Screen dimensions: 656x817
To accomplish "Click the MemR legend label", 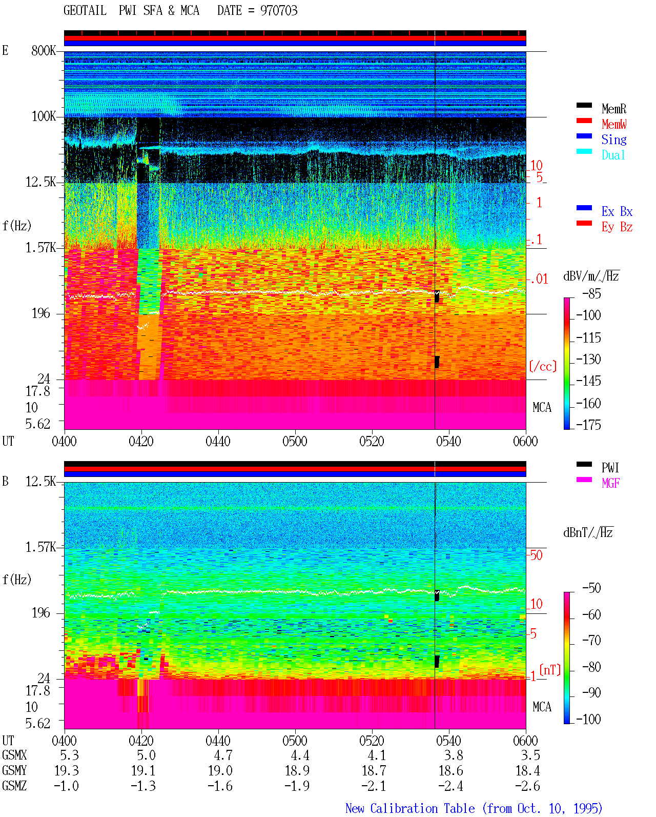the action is pos(613,109).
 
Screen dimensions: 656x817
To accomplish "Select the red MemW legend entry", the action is pos(613,124).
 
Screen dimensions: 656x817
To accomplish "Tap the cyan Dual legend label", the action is pos(613,155).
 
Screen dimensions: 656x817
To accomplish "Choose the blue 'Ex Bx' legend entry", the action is pos(617,211).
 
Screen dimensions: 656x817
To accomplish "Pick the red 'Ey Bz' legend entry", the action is pos(617,227).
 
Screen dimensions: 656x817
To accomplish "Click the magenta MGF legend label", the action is pos(610,483).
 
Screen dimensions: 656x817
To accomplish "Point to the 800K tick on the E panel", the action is pos(44,50).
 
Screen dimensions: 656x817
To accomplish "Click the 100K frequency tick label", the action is pos(44,116).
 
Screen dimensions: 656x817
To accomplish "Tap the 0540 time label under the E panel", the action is pos(448,442).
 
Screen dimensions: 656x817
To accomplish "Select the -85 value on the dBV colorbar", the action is pos(591,293).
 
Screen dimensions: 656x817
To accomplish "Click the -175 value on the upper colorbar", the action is pos(588,425).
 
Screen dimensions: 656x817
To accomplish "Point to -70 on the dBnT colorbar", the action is pos(591,641).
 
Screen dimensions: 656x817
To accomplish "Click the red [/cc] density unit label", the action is pos(543,366).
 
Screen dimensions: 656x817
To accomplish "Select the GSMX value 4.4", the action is pos(300,755).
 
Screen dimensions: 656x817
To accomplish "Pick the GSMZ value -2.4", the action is pos(450,786).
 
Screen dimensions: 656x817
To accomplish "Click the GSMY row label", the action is pos(14,771).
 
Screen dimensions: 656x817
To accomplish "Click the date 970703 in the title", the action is pos(279,11).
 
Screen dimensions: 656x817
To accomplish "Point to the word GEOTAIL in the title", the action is pos(85,11).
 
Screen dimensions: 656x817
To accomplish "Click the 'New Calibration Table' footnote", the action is pos(410,809).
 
